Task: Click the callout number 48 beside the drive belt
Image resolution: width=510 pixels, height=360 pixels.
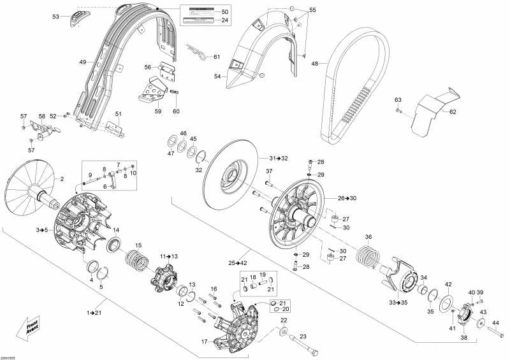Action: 314,63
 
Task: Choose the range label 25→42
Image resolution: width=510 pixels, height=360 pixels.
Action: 238,263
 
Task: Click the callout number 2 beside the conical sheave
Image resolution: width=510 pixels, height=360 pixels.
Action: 62,180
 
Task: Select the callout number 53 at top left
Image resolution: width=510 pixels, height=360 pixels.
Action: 55,17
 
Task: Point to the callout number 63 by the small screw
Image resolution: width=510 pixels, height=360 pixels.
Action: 398,101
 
